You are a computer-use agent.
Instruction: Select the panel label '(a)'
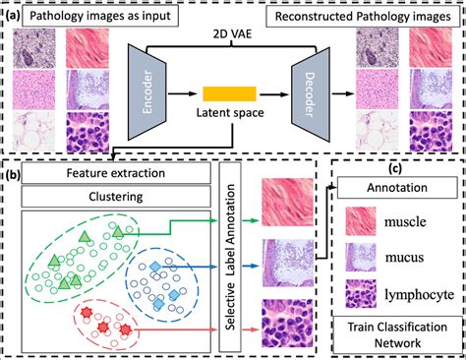coord(12,16)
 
